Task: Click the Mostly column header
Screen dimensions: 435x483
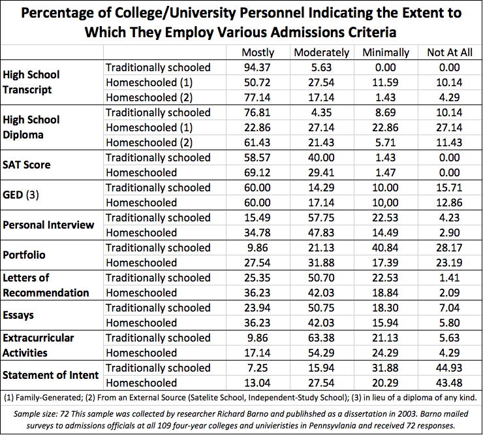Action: (258, 53)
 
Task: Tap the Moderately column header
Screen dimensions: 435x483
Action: (322, 53)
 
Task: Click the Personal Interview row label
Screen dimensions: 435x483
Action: (49, 225)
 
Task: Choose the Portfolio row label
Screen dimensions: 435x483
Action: (25, 255)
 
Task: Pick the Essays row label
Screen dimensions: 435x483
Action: (19, 315)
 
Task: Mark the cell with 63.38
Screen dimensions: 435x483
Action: (322, 338)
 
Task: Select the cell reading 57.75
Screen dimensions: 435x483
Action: (322, 217)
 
